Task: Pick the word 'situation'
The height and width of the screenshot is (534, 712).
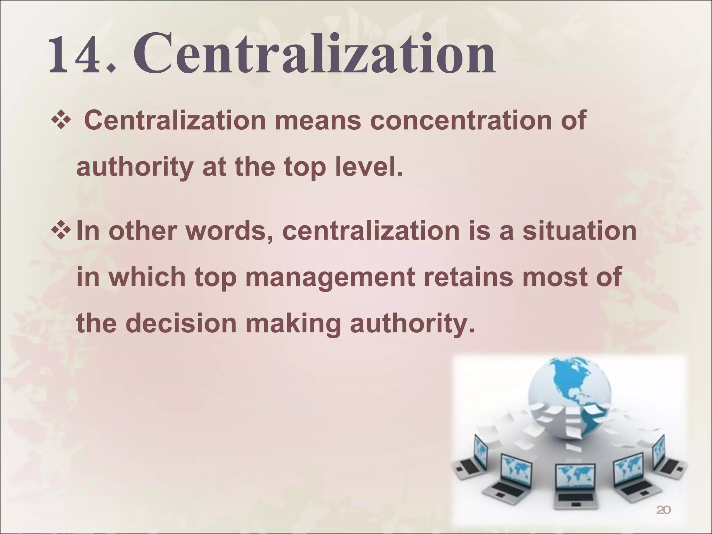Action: (x=580, y=231)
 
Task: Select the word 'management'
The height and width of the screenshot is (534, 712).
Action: (x=330, y=277)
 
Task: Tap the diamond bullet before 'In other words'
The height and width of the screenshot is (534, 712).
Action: (x=61, y=231)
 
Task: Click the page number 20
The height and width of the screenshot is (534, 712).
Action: (x=663, y=510)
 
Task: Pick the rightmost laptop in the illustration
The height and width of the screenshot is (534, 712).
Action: (x=663, y=459)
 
